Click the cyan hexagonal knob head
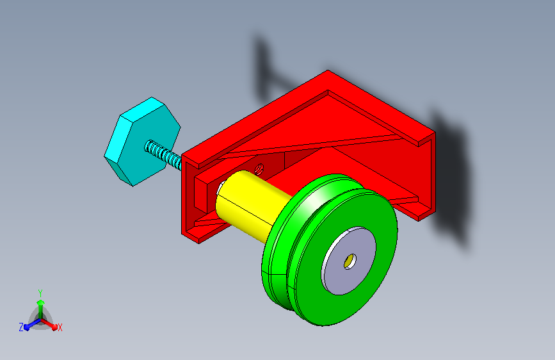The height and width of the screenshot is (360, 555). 141,141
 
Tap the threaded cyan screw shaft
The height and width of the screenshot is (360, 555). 163,154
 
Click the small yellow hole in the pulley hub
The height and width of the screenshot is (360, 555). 350,261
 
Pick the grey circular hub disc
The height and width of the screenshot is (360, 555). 349,261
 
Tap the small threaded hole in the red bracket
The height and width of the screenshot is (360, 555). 259,168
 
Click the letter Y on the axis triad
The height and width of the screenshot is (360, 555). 40,293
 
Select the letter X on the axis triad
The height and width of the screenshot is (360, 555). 60,328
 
